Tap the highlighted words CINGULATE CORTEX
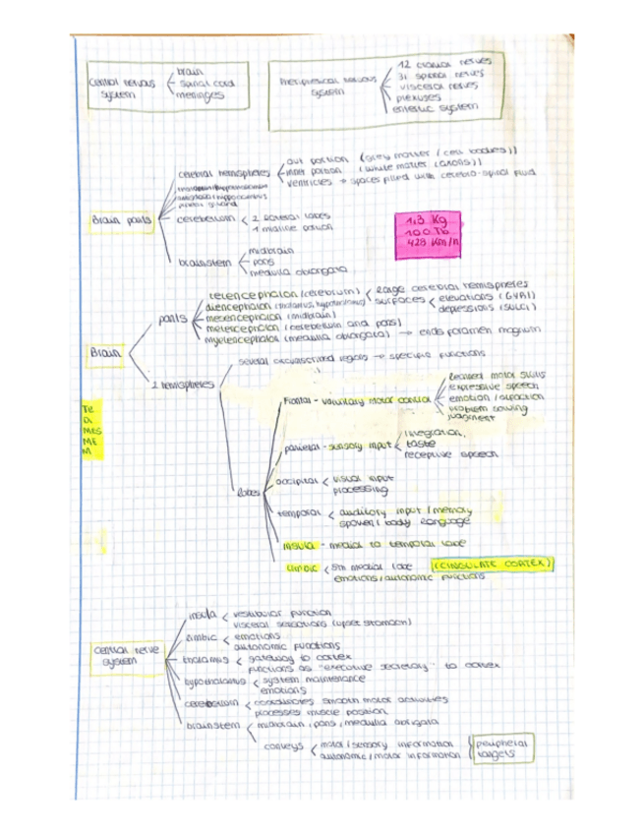click(493, 565)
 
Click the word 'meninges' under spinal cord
click(200, 96)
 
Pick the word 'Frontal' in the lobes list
click(296, 401)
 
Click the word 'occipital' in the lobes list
click(295, 482)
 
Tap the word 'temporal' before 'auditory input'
click(295, 513)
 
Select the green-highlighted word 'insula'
click(297, 544)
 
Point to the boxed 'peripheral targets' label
click(501, 749)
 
